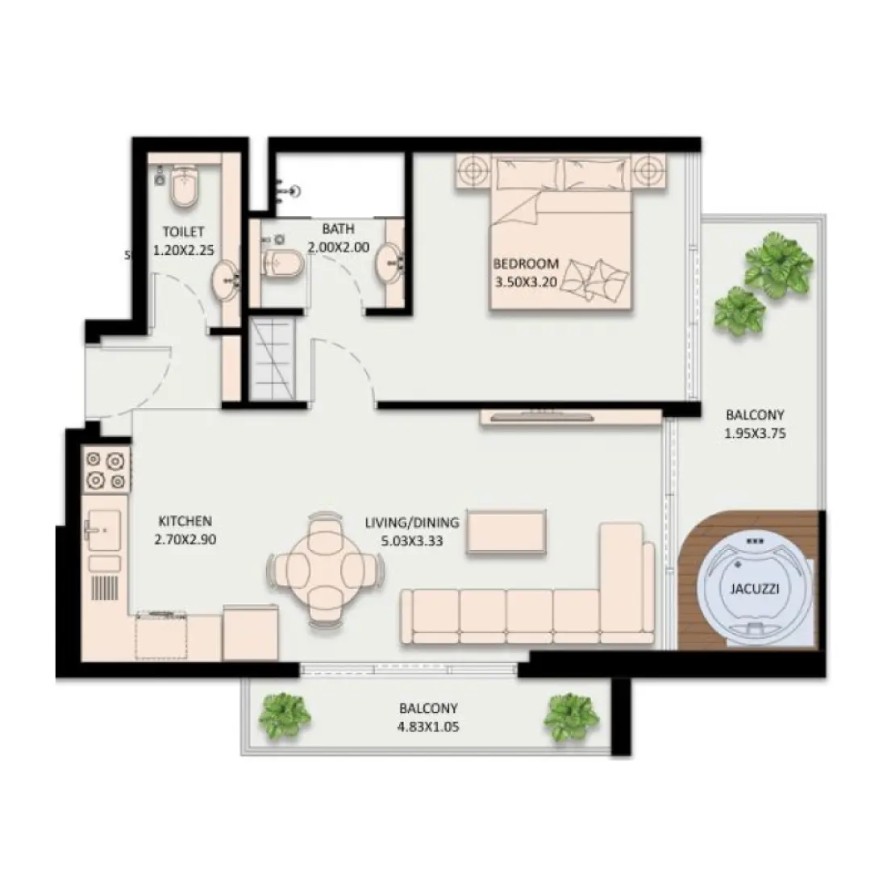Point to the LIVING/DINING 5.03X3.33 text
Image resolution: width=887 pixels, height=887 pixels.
tap(411, 531)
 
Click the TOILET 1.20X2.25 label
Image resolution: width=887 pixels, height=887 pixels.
tap(183, 240)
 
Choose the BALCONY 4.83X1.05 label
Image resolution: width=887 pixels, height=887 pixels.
tap(428, 717)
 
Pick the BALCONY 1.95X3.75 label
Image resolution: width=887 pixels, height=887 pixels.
tap(755, 423)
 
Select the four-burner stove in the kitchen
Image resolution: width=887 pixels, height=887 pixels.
tap(106, 469)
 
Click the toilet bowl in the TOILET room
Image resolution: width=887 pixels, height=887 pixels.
tap(185, 187)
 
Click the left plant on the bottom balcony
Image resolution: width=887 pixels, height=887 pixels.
tap(284, 714)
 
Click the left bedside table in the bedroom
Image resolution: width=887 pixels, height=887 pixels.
tap(474, 170)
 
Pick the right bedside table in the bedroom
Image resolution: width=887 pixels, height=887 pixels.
tap(648, 170)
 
